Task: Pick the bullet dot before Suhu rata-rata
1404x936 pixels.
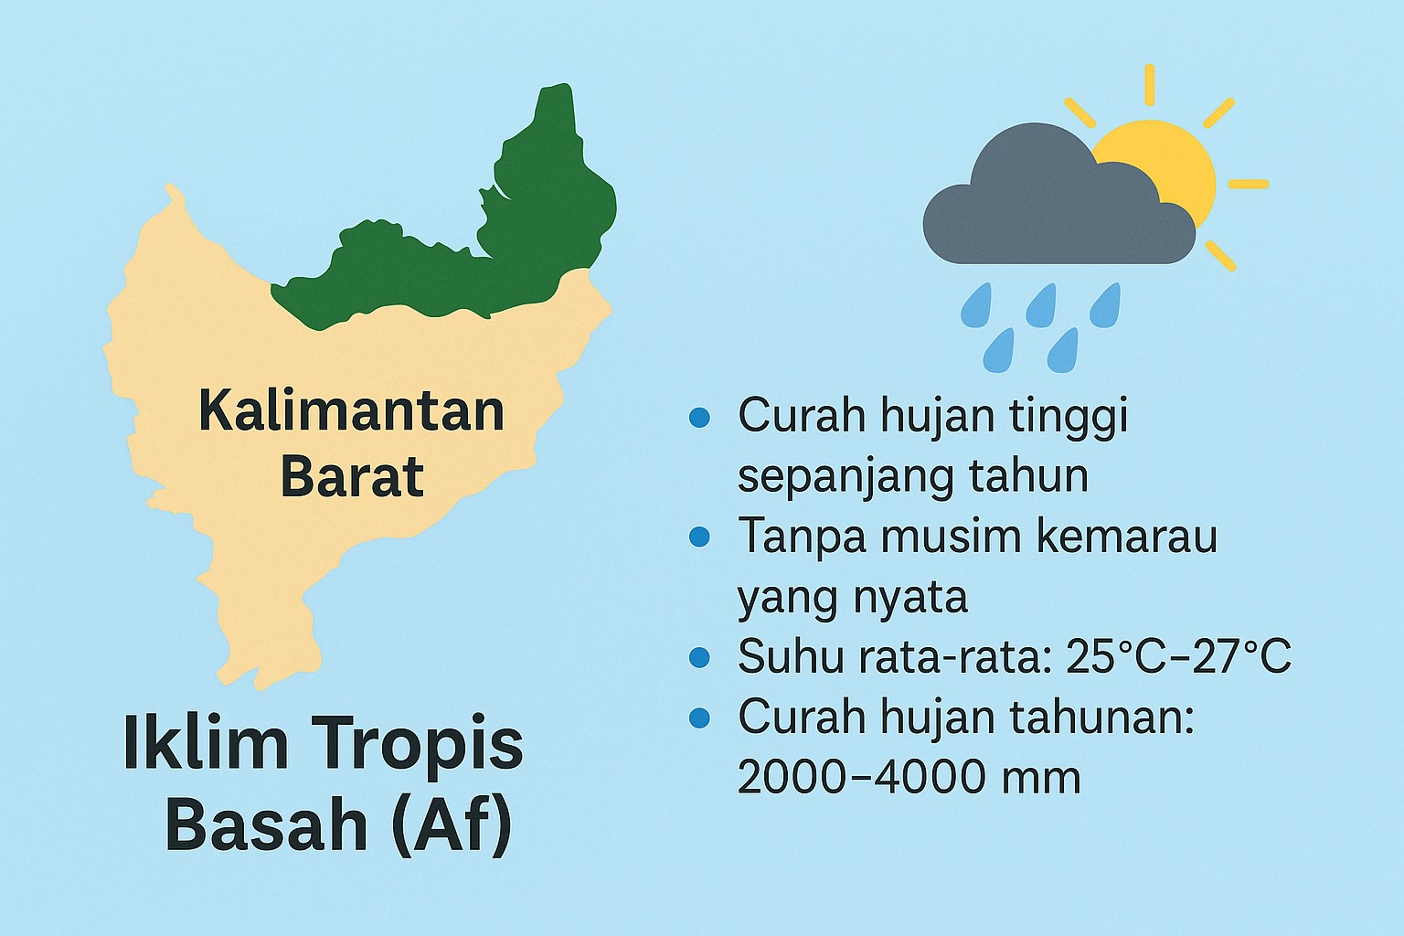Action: [699, 657]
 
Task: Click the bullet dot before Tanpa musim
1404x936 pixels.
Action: [699, 536]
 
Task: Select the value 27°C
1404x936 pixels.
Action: [1234, 656]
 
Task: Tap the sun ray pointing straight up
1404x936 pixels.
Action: [1150, 85]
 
